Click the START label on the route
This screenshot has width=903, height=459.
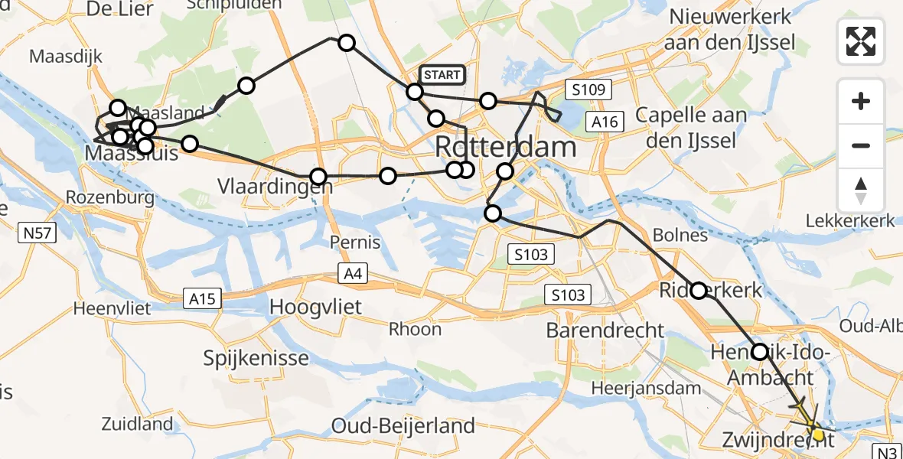442,74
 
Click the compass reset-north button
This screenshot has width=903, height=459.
861,190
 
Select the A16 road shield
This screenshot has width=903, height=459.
604,121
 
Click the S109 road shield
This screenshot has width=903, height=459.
588,90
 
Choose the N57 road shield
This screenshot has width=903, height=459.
37,233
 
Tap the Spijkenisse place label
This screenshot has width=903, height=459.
256,358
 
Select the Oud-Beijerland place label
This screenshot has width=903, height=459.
403,425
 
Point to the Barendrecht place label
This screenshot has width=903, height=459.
605,330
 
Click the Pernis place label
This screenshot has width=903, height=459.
354,243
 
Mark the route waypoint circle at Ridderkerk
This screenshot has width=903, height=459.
699,291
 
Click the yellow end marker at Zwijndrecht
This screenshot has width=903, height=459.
818,435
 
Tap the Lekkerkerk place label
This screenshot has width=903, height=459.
850,221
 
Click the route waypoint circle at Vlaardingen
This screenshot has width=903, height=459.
318,176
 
